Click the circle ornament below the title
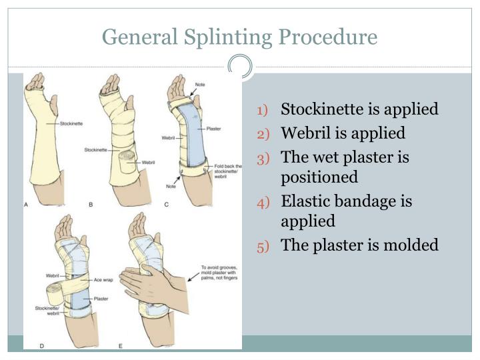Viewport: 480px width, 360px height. (240, 67)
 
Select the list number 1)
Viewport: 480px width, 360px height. (263, 110)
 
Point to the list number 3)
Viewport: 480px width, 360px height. (263, 159)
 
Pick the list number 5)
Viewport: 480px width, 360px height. (263, 246)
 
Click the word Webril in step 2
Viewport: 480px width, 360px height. (305, 133)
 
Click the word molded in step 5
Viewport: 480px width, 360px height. (409, 245)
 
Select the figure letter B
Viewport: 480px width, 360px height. (91, 205)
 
